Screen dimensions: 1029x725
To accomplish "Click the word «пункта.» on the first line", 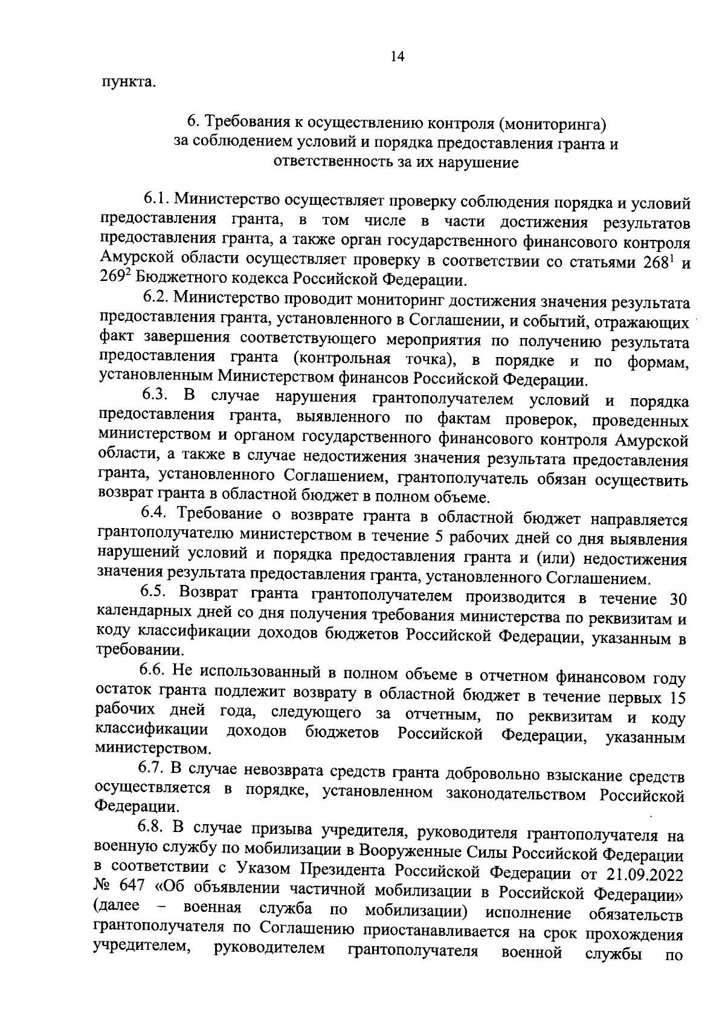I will (x=128, y=82).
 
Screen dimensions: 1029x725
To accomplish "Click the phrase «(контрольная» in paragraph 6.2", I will (x=338, y=360).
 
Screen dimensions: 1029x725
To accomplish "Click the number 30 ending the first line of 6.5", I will (x=675, y=599).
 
